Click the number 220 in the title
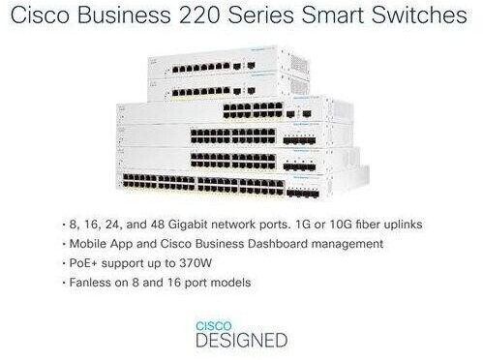pyautogui.click(x=199, y=15)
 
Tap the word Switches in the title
pyautogui.click(x=419, y=15)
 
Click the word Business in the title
pyautogui.click(x=124, y=15)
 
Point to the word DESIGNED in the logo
pyautogui.click(x=242, y=341)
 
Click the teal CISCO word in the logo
pyautogui.click(x=214, y=326)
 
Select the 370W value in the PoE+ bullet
pyautogui.click(x=196, y=263)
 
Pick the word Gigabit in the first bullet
pyautogui.click(x=188, y=225)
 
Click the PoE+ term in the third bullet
pyautogui.click(x=83, y=263)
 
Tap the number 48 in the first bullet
pyautogui.click(x=158, y=225)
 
